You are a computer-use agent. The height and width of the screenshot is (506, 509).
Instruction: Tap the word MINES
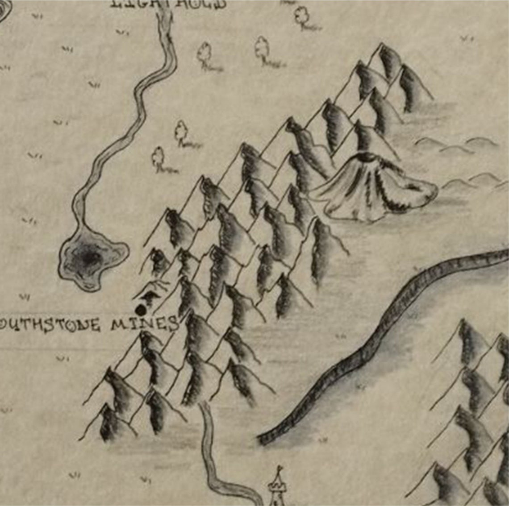pos(144,324)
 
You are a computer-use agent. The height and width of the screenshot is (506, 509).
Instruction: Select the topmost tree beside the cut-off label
pos(302,16)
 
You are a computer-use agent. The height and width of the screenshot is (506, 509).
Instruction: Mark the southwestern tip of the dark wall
pos(263,440)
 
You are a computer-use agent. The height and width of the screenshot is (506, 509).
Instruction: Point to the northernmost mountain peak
pos(382,45)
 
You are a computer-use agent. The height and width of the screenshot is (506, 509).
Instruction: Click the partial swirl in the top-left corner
pos(4,11)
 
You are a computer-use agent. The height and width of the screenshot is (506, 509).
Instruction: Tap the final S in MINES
pos(173,324)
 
